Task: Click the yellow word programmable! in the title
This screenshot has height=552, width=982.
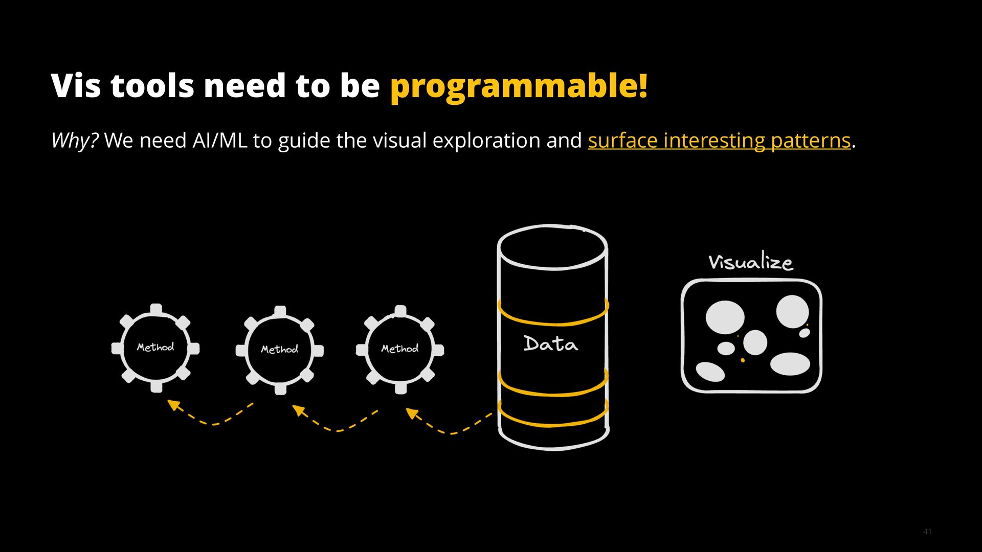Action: [x=519, y=86]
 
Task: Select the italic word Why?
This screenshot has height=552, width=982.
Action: [x=75, y=140]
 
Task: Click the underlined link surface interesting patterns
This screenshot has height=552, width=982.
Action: [x=719, y=140]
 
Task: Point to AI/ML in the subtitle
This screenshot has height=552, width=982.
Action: [x=219, y=140]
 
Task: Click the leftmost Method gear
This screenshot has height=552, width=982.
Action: [x=155, y=348]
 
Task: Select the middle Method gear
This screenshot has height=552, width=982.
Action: [x=280, y=350]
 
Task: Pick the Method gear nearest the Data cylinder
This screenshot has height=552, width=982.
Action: [x=400, y=349]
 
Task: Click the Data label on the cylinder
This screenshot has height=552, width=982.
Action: [x=551, y=344]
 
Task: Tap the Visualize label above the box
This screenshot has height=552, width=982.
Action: [x=750, y=262]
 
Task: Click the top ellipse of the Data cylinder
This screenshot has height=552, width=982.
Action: [x=552, y=247]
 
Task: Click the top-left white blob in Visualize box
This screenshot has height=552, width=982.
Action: [x=725, y=316]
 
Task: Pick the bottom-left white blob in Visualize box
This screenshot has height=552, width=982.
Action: [x=710, y=372]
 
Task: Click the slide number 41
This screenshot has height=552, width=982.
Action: [x=927, y=532]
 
